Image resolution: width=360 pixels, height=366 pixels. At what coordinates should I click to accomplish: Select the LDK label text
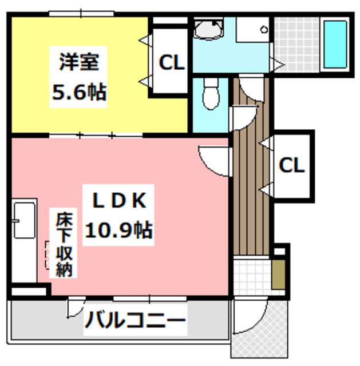point(121,201)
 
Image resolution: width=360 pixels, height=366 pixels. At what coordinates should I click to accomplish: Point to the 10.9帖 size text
point(119,230)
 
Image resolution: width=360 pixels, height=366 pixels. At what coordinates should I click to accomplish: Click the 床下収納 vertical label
point(63,245)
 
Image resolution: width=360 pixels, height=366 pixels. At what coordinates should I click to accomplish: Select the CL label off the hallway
point(292,166)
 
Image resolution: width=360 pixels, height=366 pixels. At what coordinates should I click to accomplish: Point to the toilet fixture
point(210,94)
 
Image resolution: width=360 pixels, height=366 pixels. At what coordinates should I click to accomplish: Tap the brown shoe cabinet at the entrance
point(278,274)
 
